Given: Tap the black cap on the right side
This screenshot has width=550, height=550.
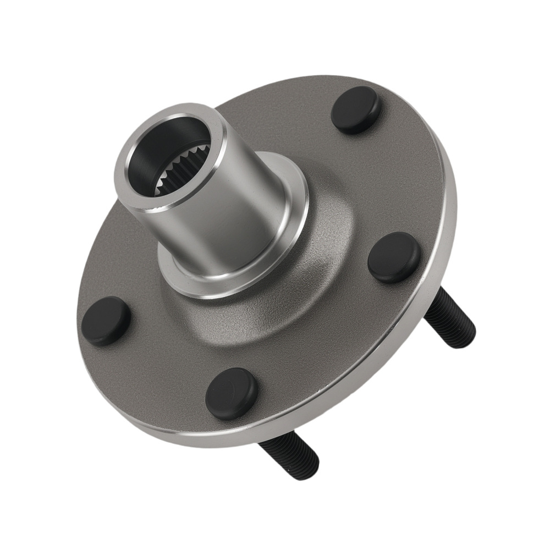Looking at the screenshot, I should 394,257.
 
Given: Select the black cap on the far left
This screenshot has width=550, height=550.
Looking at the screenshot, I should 106,321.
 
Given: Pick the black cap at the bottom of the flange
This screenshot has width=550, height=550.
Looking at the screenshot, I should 232,394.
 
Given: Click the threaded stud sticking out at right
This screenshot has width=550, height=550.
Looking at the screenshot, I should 450,318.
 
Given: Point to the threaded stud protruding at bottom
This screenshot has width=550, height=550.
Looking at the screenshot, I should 289,457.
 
